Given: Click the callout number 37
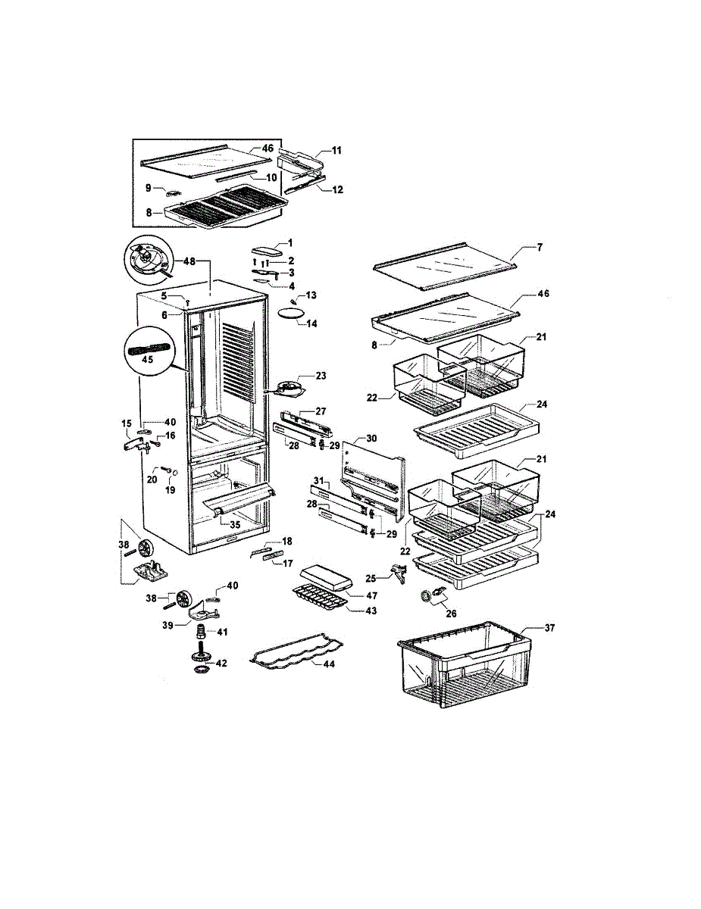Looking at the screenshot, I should (549, 628).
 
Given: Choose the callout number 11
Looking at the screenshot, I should (336, 151).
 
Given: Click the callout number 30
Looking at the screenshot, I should (371, 439).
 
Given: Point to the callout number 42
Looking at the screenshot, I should (221, 663).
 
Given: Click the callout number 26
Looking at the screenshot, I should (452, 613).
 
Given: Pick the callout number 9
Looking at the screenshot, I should (149, 187).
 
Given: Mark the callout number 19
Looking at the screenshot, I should (171, 490).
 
